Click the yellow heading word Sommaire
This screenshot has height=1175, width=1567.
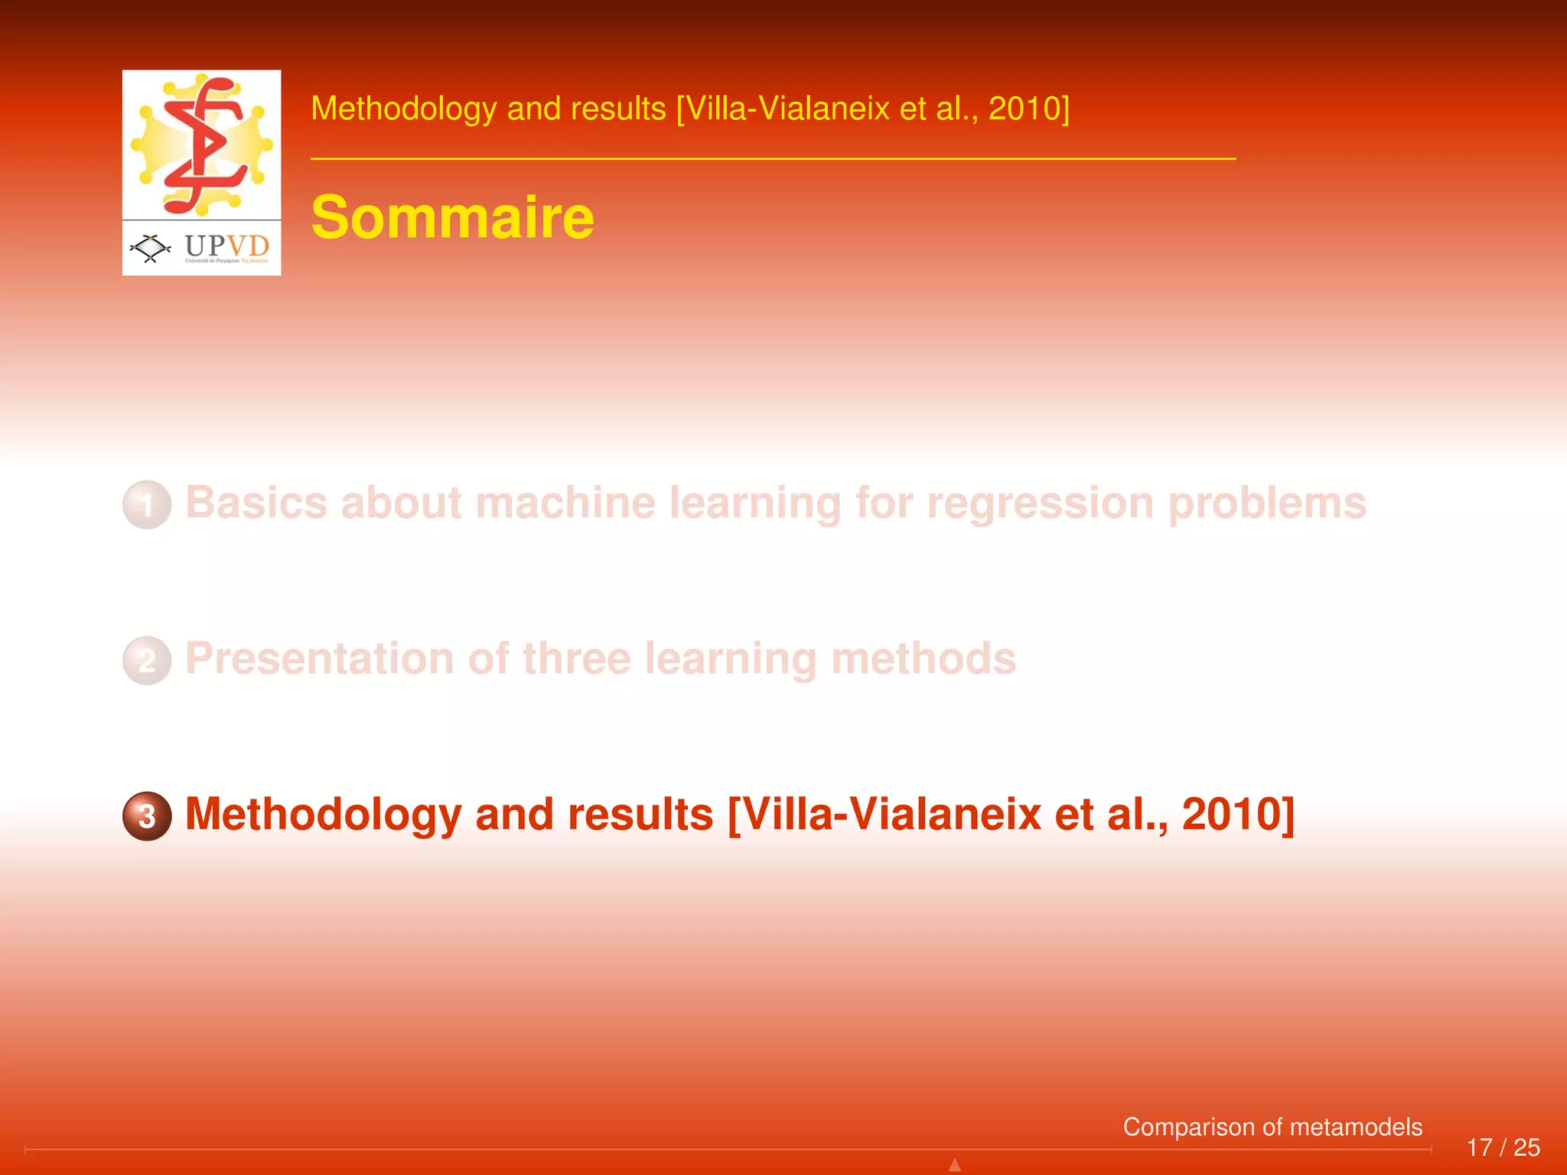click(x=452, y=218)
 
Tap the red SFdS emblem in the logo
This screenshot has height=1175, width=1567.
click(x=204, y=144)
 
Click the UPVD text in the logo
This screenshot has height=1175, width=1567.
click(x=226, y=246)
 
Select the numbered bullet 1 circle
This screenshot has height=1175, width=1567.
click(x=147, y=505)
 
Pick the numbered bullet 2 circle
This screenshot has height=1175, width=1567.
click(x=147, y=660)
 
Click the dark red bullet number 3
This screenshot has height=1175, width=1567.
click(x=147, y=816)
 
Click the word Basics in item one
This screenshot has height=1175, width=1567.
click(x=258, y=503)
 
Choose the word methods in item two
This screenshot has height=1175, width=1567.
click(x=924, y=659)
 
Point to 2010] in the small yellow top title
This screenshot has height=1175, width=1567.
click(x=1029, y=109)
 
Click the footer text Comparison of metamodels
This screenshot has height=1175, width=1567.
click(x=1272, y=1127)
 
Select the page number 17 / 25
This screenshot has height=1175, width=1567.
click(x=1503, y=1147)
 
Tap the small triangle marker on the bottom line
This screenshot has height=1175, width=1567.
click(x=955, y=1165)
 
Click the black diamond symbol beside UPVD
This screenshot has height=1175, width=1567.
click(x=150, y=247)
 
